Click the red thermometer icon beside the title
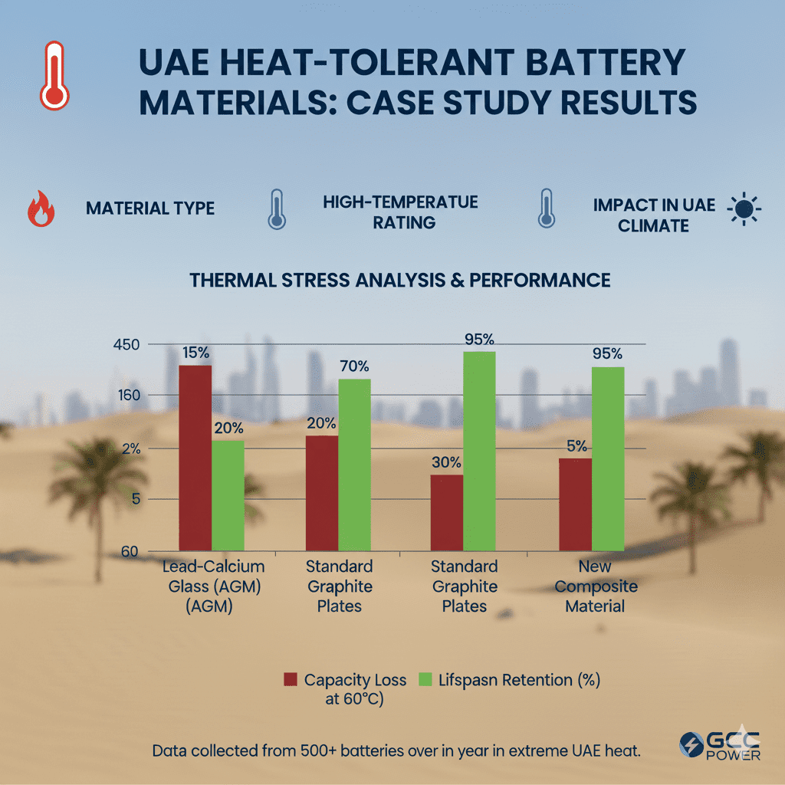coord(54,75)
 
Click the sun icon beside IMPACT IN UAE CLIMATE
coord(744,209)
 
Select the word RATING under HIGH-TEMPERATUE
coord(400,222)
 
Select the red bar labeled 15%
coord(195,458)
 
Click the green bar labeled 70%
coord(354,464)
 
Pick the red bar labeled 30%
coord(446,512)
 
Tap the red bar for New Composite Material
coord(575,504)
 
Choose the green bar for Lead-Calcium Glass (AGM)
coord(228,495)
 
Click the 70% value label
coord(354,366)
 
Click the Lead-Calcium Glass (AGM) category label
coord(213,586)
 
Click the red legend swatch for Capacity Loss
coord(290,679)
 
